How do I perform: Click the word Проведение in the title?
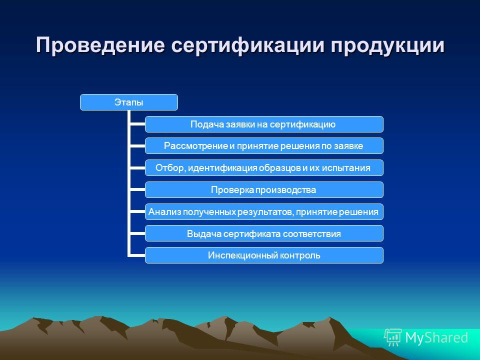click(100, 44)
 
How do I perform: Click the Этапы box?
click(129, 102)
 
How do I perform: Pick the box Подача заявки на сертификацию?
click(264, 124)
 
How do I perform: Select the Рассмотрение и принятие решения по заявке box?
click(264, 146)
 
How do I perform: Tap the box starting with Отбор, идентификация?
click(264, 168)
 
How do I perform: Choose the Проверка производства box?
click(264, 190)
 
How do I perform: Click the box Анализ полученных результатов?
click(264, 211)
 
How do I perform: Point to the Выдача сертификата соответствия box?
click(264, 233)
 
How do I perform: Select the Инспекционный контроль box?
click(264, 255)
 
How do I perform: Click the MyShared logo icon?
click(393, 337)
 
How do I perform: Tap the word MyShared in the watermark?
click(436, 338)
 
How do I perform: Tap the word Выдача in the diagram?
click(204, 234)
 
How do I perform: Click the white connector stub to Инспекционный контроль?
click(137, 255)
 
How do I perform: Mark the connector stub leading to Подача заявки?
click(137, 124)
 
